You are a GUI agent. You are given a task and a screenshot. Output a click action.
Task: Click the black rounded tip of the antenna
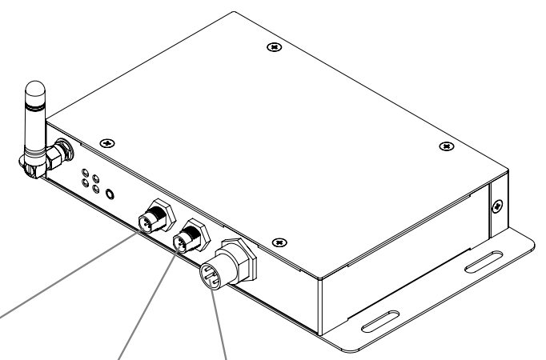click(x=33, y=89)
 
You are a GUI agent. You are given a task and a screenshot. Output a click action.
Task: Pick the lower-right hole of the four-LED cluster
click(x=96, y=190)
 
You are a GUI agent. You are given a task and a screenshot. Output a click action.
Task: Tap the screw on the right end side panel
click(x=499, y=206)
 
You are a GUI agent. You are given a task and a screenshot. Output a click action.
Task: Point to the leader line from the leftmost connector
click(x=64, y=275)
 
